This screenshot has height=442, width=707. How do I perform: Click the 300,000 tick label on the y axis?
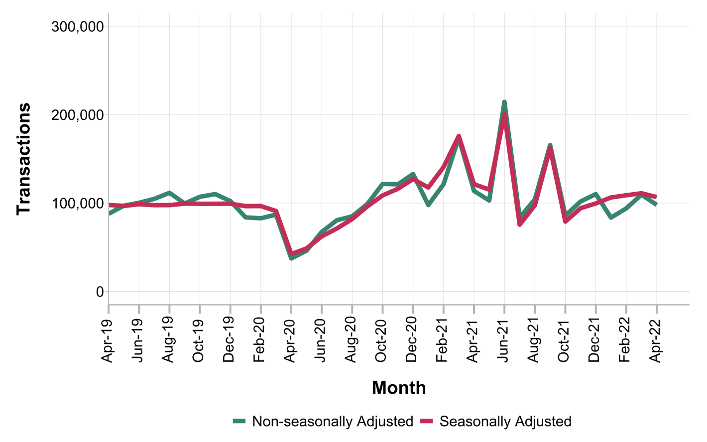click(x=78, y=27)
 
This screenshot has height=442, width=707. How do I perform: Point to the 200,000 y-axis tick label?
click(x=78, y=115)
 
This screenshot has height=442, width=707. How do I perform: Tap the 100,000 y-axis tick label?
click(x=78, y=204)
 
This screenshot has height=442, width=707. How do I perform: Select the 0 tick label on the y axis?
click(x=100, y=292)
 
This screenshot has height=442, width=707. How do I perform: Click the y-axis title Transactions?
click(x=23, y=159)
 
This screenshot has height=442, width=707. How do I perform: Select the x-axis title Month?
click(x=399, y=388)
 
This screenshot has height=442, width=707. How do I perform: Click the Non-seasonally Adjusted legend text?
click(x=333, y=422)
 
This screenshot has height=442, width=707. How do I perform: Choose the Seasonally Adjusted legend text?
click(x=505, y=422)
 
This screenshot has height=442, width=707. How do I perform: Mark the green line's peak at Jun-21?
click(x=504, y=102)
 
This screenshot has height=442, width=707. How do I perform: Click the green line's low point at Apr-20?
click(x=291, y=258)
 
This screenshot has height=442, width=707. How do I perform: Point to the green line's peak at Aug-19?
click(x=169, y=193)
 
